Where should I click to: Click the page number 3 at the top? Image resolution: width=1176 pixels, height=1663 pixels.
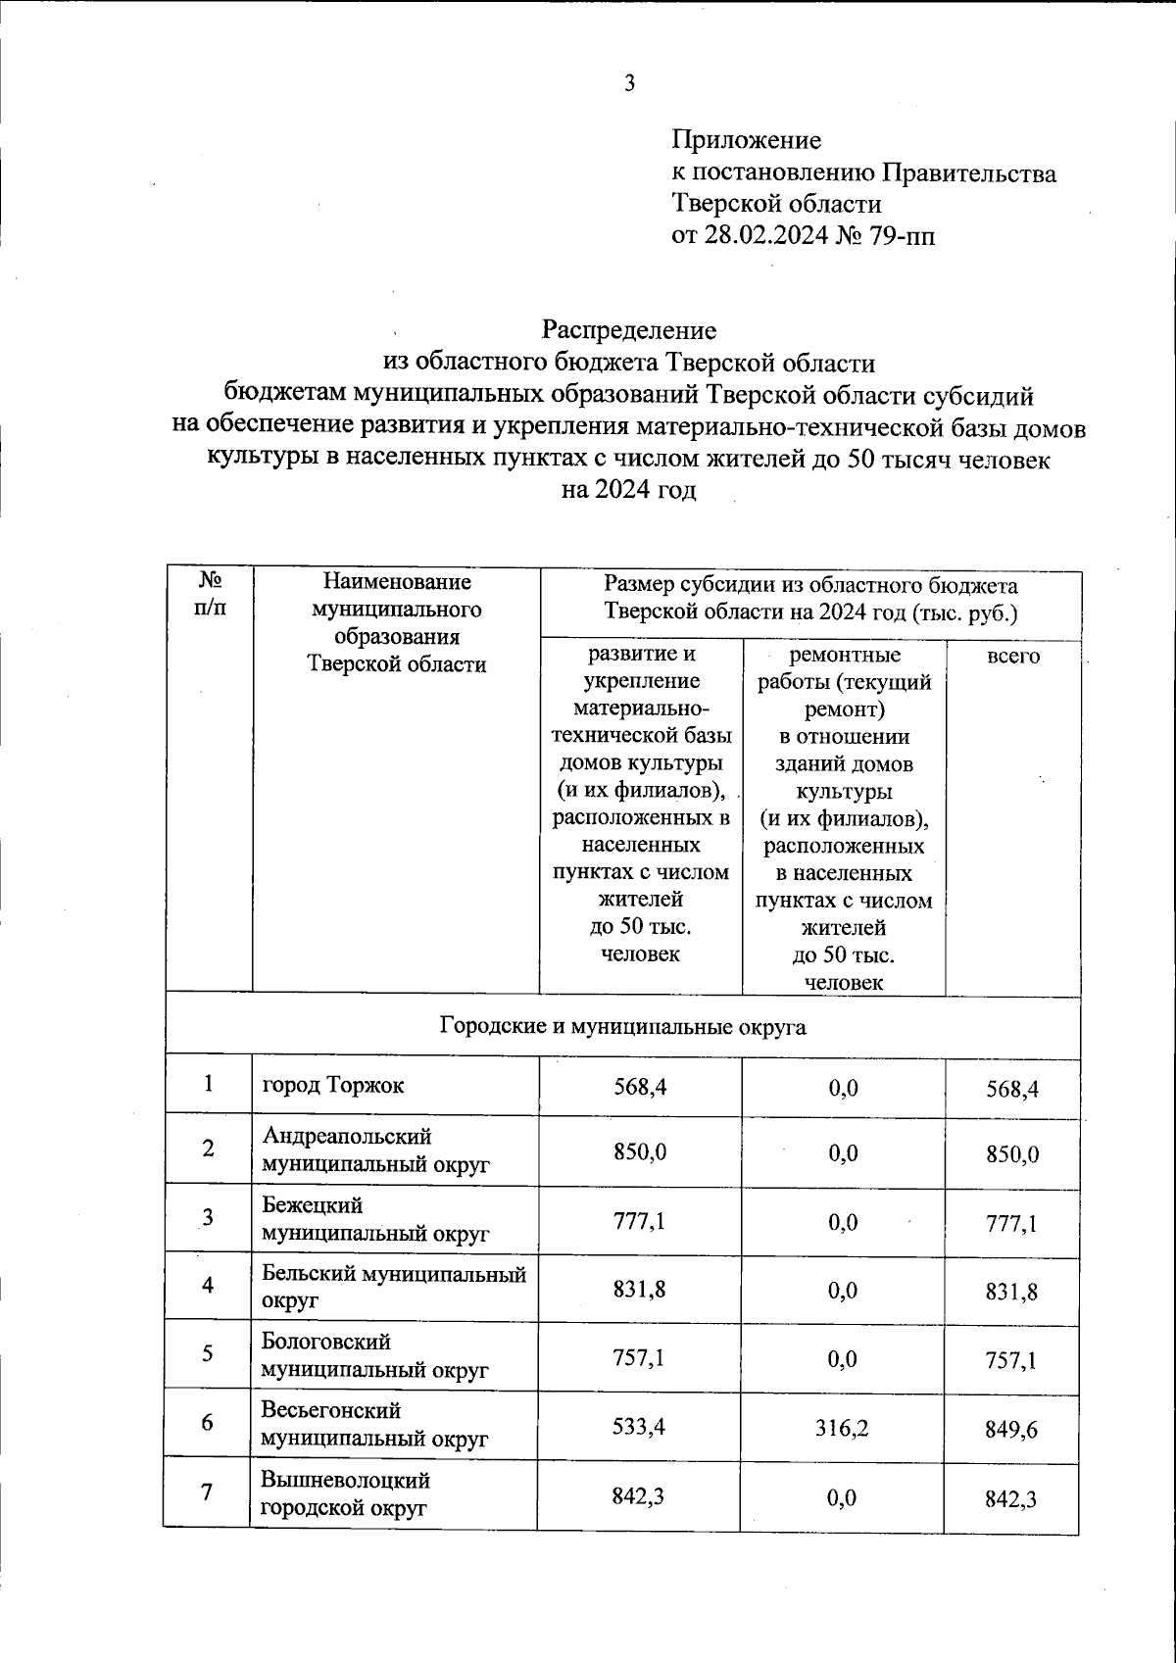(630, 83)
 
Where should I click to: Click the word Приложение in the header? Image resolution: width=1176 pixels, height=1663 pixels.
(746, 141)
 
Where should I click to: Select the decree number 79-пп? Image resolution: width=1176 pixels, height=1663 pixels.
(901, 235)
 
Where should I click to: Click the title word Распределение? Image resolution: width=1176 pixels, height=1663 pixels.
(629, 330)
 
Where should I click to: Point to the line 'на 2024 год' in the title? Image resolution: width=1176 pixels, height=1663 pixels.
(629, 490)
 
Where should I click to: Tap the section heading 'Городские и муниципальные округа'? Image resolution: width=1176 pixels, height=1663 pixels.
(622, 1026)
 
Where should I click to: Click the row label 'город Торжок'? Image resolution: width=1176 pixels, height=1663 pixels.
(333, 1085)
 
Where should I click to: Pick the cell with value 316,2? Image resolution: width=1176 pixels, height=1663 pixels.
(843, 1428)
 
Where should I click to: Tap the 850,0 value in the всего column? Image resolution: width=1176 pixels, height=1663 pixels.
(1012, 1154)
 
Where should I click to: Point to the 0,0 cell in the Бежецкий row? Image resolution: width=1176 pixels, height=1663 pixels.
(843, 1222)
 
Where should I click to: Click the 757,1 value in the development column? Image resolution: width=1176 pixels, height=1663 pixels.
(640, 1359)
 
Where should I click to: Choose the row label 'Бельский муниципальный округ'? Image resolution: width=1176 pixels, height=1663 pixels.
(393, 1287)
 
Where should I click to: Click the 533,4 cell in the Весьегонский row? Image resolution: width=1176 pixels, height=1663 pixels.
(640, 1428)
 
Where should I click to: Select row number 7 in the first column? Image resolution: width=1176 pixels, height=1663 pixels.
(207, 1493)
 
